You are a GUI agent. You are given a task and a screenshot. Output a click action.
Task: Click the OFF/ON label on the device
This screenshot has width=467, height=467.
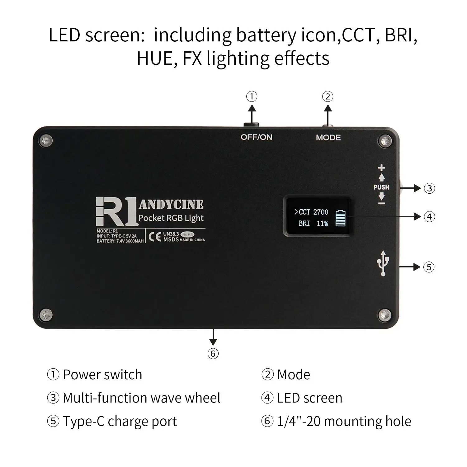pyautogui.click(x=256, y=137)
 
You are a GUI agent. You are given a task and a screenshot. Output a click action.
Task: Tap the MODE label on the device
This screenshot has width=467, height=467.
pyautogui.click(x=328, y=138)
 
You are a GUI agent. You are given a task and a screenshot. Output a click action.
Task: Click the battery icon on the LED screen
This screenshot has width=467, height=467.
pyautogui.click(x=341, y=218)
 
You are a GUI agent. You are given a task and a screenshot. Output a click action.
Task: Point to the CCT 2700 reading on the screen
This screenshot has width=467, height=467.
pyautogui.click(x=311, y=212)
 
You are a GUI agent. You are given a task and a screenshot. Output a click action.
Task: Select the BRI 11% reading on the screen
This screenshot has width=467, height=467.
pyautogui.click(x=313, y=223)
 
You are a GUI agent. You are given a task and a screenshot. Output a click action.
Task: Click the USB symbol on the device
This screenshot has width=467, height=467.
pyautogui.click(x=383, y=263)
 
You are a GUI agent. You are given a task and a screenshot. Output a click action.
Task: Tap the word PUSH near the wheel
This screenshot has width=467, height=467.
pyautogui.click(x=381, y=187)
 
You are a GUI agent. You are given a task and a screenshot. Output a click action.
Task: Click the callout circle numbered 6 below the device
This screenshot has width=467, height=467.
pyautogui.click(x=213, y=353)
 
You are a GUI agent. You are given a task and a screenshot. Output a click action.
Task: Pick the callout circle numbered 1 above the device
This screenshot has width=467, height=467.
pyautogui.click(x=252, y=97)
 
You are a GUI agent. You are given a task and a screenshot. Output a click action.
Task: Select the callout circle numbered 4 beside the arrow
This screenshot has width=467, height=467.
pyautogui.click(x=429, y=217)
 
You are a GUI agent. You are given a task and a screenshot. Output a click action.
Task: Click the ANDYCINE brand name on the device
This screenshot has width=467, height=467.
pyautogui.click(x=171, y=205)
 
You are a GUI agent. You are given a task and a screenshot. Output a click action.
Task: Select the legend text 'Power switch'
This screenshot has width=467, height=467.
pyautogui.click(x=102, y=375)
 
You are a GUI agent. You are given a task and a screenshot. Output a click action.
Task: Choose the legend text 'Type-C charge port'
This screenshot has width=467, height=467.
pyautogui.click(x=120, y=422)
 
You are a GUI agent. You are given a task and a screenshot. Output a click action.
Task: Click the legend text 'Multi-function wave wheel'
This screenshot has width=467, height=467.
pyautogui.click(x=142, y=398)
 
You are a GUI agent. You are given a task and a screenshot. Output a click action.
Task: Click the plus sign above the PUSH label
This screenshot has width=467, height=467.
pyautogui.click(x=381, y=168)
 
